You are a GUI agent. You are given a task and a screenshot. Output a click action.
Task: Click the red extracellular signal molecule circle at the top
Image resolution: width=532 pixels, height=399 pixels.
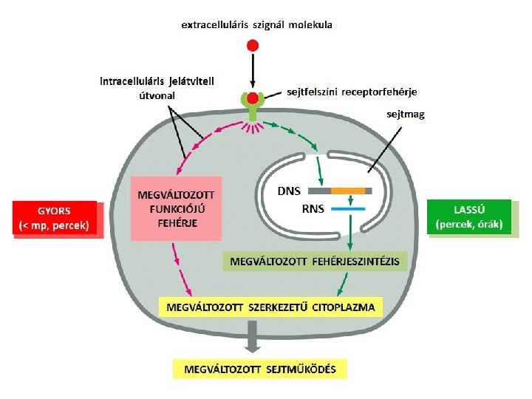pyautogui.click(x=252, y=45)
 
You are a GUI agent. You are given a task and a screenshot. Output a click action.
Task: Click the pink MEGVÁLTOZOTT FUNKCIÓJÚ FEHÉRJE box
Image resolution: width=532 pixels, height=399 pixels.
pyautogui.click(x=177, y=209)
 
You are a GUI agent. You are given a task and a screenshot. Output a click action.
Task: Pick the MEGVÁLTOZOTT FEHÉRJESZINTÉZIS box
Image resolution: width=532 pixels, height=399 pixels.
pyautogui.click(x=314, y=262)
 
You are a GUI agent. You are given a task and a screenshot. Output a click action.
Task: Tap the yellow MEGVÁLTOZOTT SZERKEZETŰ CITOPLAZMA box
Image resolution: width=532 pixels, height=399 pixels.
pyautogui.click(x=270, y=307)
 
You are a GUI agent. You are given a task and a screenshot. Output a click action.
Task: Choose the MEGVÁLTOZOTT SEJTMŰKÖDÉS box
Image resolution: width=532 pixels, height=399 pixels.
pyautogui.click(x=259, y=369)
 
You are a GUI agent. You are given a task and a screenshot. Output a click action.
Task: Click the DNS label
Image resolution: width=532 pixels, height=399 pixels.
pyautogui.click(x=289, y=191)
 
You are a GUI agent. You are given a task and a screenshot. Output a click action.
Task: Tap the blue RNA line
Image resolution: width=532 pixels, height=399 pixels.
pyautogui.click(x=349, y=209)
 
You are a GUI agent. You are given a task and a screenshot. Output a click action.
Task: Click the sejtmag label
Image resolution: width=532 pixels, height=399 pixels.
pyautogui.click(x=405, y=115)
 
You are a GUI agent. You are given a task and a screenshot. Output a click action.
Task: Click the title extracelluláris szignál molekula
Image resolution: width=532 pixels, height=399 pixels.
pyautogui.click(x=256, y=24)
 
